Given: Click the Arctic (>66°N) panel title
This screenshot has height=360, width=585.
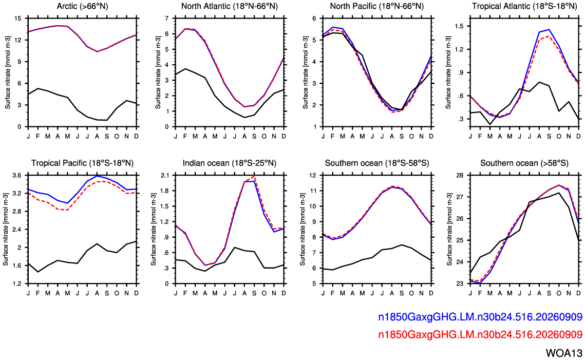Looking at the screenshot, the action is pos(83,6).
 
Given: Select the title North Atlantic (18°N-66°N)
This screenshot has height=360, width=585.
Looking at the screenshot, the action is pos(230,6).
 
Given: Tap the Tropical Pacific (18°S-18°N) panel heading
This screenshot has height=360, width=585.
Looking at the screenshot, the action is pos(83,163).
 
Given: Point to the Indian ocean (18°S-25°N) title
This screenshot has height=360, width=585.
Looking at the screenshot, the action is pos(230,163).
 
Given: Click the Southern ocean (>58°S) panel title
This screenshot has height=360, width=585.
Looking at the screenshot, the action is pos(524,163).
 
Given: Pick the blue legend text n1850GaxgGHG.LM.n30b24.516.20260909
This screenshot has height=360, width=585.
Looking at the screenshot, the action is pos(480,317).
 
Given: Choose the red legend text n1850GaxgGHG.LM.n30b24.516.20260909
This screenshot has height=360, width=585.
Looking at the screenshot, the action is pos(480,335).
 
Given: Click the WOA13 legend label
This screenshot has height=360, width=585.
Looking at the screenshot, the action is pos(564,353).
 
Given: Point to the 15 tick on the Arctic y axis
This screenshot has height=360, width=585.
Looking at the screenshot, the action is pos(18,18).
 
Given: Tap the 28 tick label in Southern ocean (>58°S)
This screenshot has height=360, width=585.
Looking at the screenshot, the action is pos(460,175).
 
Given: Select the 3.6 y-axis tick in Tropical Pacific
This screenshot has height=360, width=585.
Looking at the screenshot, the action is pos(17,175).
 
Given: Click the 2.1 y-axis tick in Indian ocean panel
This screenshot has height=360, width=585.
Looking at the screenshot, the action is pos(164,175).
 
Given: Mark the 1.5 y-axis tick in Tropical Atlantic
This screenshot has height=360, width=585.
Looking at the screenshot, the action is pos(459,26).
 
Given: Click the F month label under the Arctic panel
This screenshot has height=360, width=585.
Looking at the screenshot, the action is pos(38,136).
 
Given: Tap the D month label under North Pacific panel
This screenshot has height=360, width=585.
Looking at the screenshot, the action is pos(431,136).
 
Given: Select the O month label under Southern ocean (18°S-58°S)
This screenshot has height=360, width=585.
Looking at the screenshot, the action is pos(411,293).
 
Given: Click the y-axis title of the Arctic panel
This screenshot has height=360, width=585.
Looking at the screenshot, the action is pos(8,73).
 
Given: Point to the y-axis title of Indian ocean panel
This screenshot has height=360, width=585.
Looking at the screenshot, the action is pos(154,230).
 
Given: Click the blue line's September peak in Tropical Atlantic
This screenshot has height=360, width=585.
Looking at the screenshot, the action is pos(549,29).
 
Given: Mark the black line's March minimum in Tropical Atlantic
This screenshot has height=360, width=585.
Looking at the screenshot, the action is pos(490,124).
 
